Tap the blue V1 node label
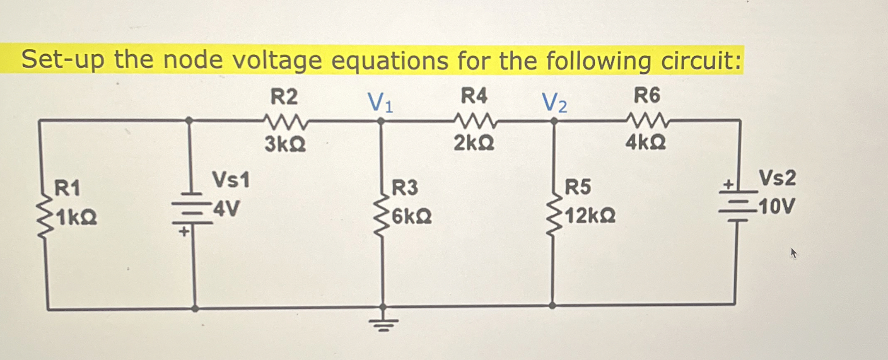coord(380,102)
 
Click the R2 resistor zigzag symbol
coord(286,121)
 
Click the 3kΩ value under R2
coord(285,144)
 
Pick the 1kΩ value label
coord(77,217)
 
